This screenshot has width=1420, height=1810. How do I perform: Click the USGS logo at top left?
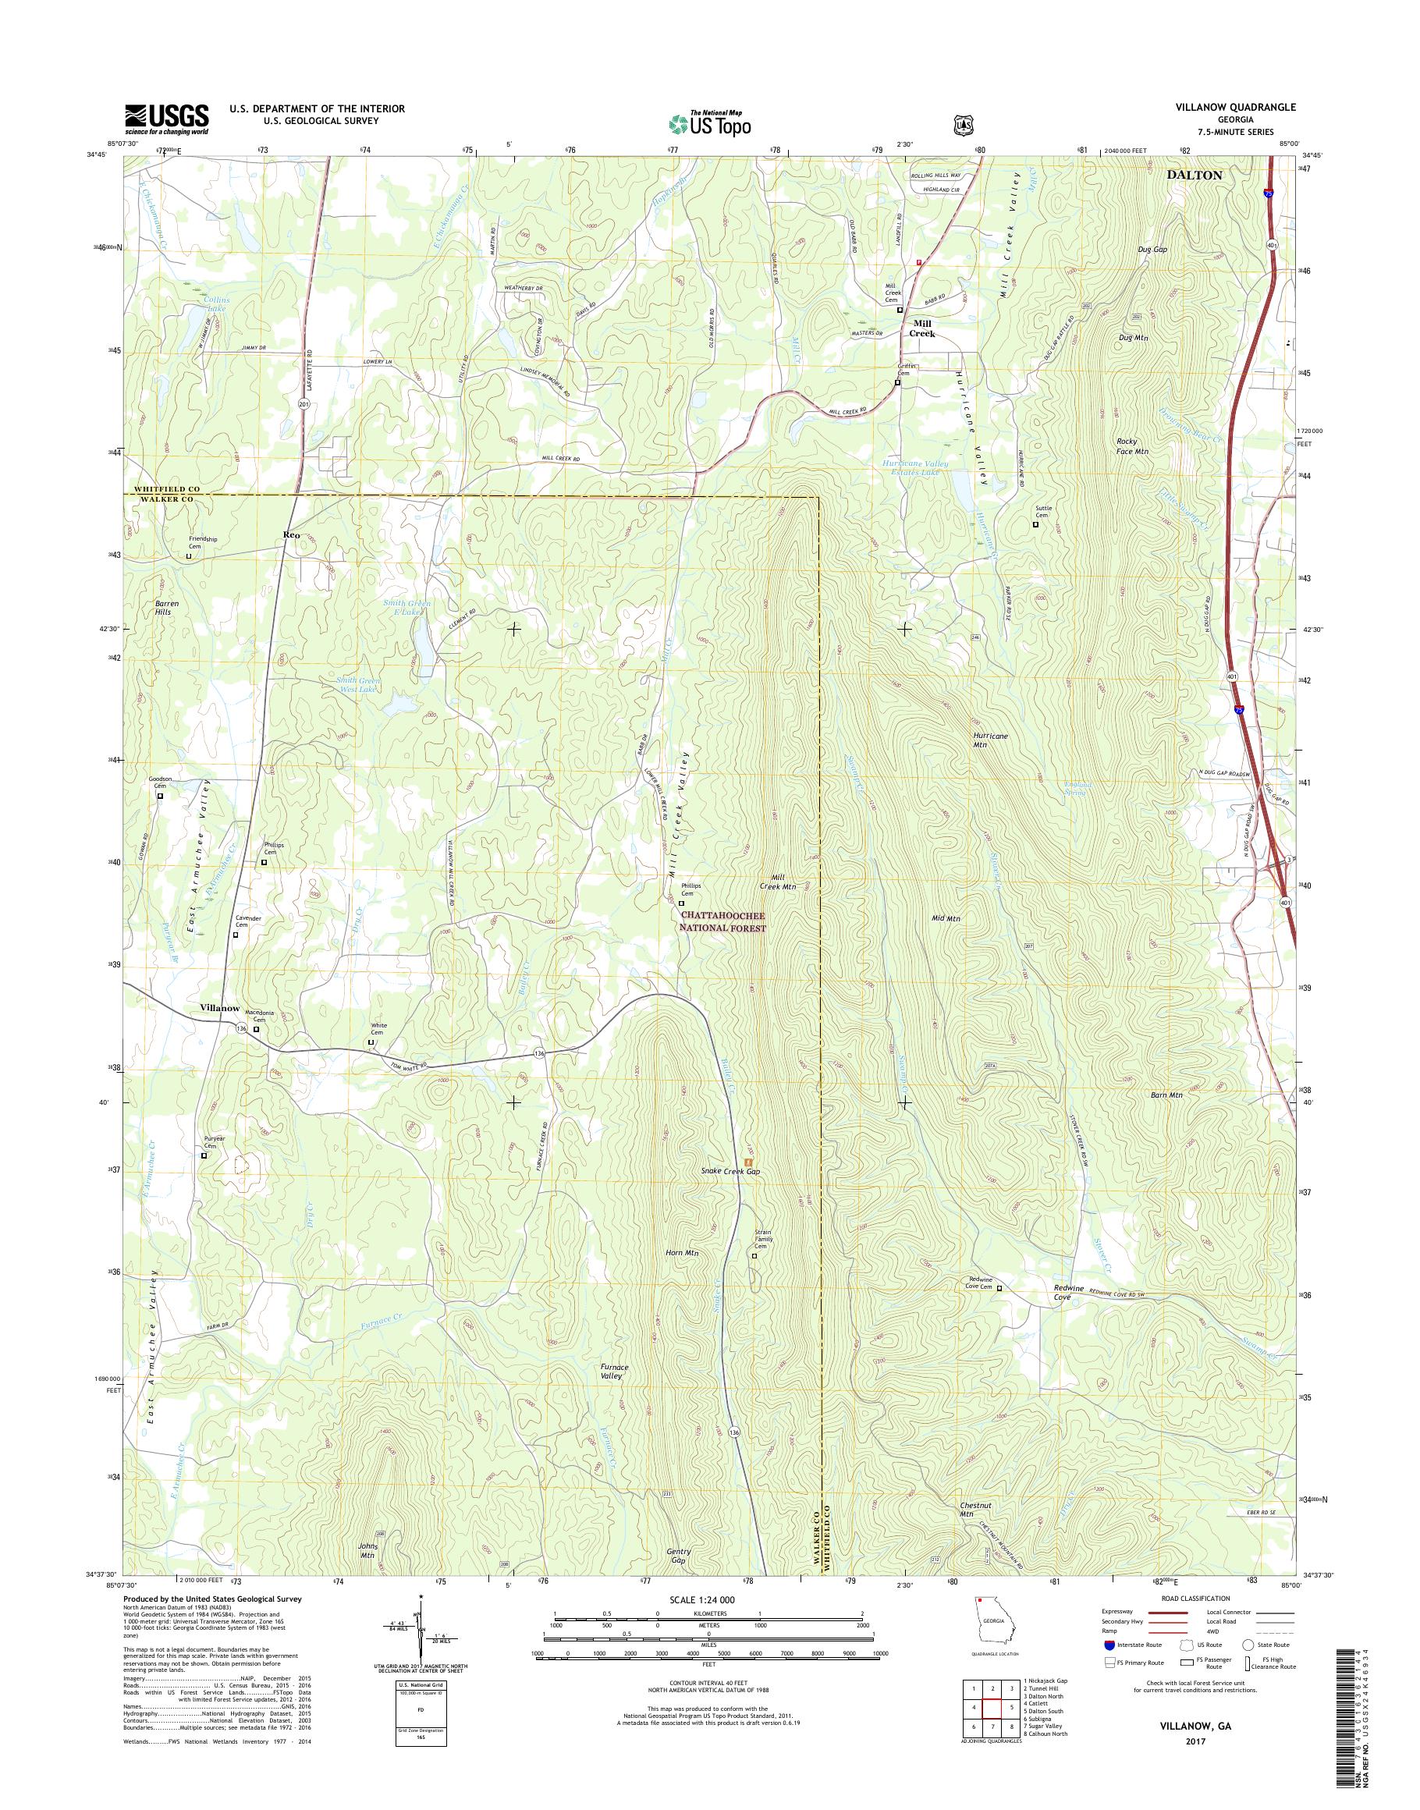166,119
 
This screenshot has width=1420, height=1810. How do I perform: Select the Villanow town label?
219,1008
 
